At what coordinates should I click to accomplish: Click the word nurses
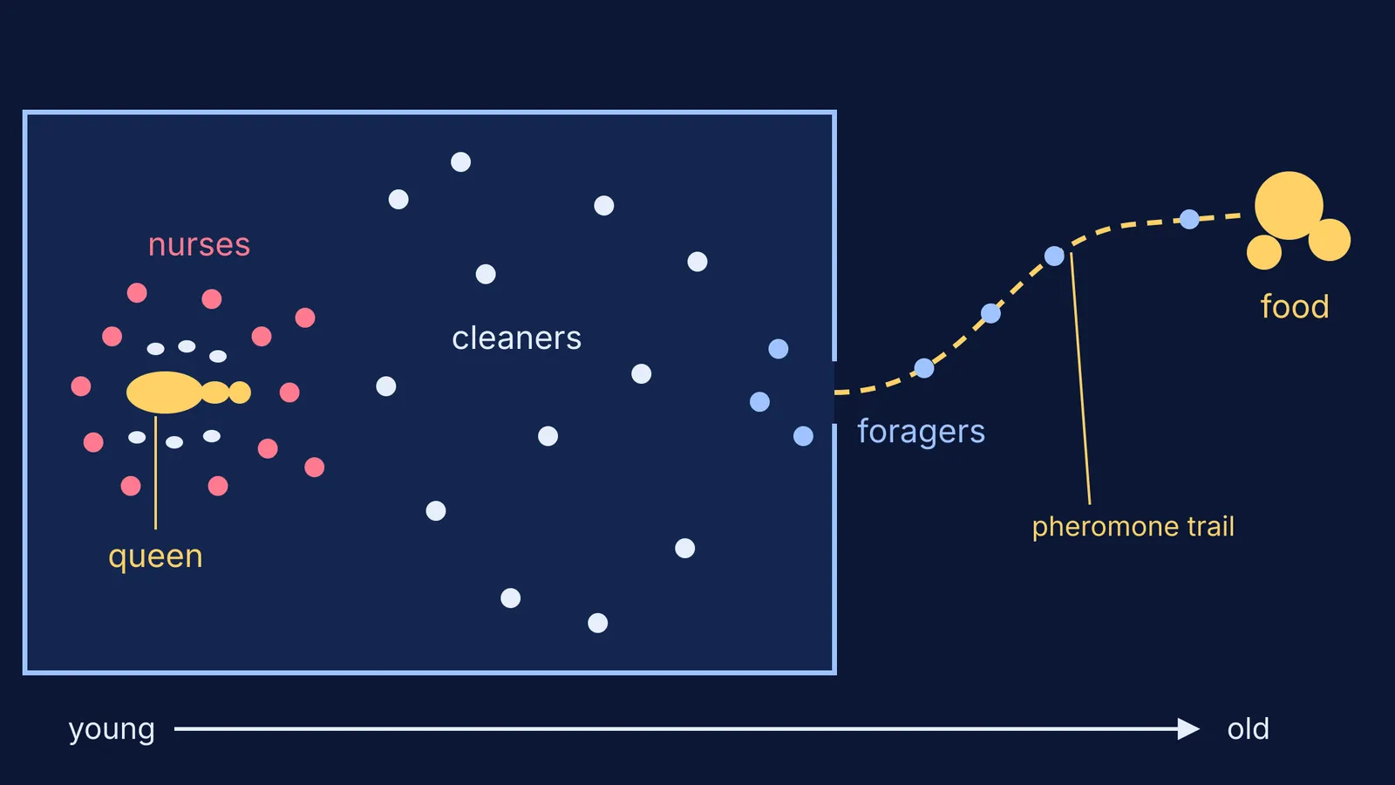pos(199,244)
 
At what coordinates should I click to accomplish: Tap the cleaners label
pos(516,338)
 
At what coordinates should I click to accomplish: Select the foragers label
pos(921,432)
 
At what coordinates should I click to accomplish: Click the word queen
pos(156,557)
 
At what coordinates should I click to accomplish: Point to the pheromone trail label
pos(1133,527)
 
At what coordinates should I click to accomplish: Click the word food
pos(1295,306)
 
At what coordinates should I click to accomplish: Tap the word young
pos(112,729)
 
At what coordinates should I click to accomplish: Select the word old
pos(1248,729)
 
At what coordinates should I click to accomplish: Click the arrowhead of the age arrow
pos(1188,729)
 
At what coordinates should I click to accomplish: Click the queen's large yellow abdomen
pos(165,392)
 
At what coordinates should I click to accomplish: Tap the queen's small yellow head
pos(240,392)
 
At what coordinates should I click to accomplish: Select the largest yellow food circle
pos(1289,206)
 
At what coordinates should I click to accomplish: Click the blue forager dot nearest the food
pos(1189,219)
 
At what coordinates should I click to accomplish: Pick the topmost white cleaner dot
pos(461,162)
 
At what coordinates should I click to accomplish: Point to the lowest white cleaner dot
pos(598,623)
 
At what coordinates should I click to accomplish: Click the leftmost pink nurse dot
pos(81,386)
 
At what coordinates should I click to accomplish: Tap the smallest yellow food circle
pos(1264,252)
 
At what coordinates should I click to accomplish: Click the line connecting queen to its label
pos(156,472)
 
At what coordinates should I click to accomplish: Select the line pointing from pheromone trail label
pos(1080,379)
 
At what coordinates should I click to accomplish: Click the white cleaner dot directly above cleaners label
pos(486,274)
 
